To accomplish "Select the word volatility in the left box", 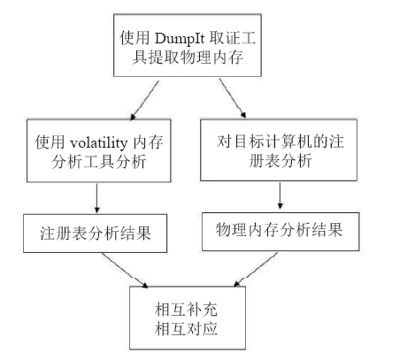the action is coord(98,143).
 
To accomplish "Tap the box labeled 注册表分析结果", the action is coord(96,234).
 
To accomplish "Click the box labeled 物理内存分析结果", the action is coord(280,232).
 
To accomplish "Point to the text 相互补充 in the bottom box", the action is coord(186,310).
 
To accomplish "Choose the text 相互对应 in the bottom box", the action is coord(186,329).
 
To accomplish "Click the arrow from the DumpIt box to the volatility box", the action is coord(144,101).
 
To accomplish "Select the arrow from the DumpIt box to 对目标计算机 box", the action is coord(233,98).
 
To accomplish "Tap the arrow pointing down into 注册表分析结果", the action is coord(96,198).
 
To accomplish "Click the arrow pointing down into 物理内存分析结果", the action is coord(280,195).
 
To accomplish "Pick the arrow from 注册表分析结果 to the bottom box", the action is coord(125,270).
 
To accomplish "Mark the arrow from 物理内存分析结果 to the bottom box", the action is coord(256,269).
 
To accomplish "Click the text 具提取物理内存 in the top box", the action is coord(188,57).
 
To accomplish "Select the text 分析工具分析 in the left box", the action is coord(99,162).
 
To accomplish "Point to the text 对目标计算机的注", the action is coord(280,142).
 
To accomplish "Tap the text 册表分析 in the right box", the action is coord(280,161).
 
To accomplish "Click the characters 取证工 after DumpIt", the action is coord(233,38).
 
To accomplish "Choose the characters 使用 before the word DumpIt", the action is coord(134,38).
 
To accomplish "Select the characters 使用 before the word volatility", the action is coord(50,143).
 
